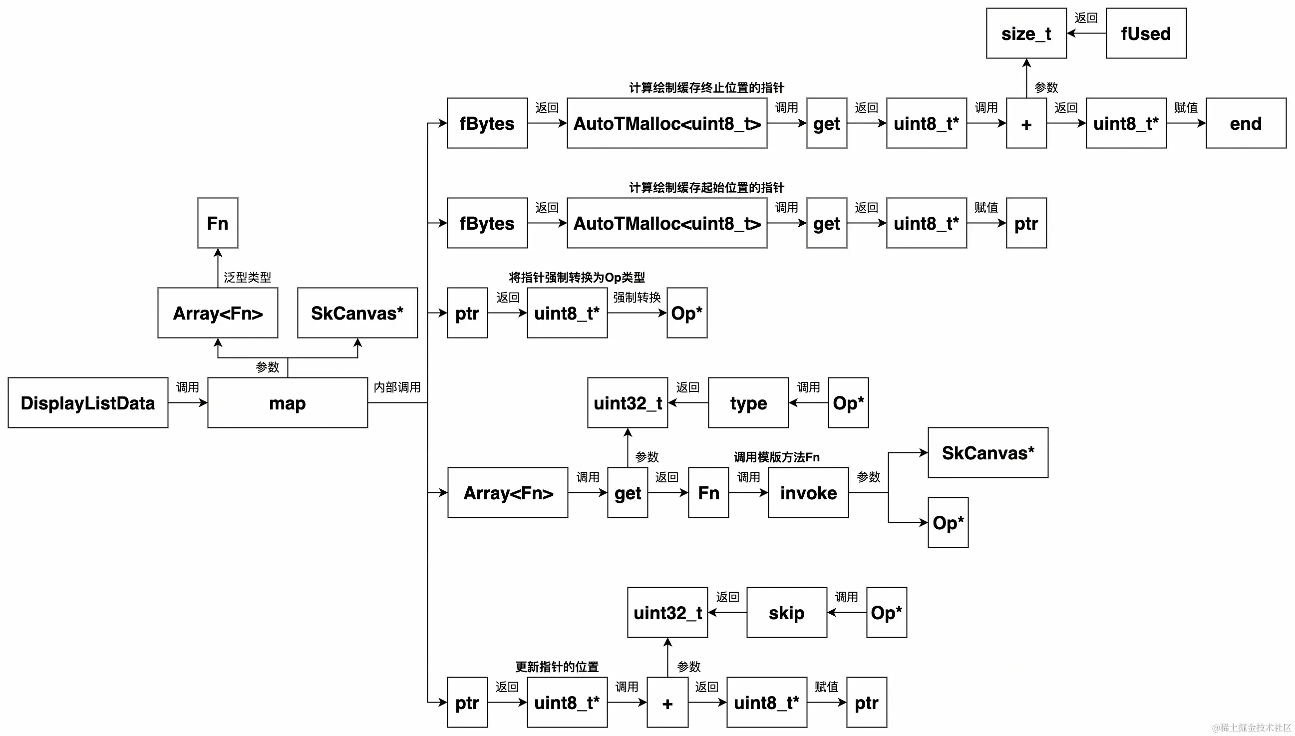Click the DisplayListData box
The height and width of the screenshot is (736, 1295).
[x=88, y=403]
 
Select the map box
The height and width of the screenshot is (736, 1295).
[x=288, y=403]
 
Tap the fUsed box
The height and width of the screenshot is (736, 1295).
[x=1146, y=33]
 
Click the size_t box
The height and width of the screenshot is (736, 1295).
[x=1026, y=33]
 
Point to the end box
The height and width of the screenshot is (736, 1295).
[x=1246, y=123]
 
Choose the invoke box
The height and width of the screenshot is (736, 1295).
[x=808, y=493]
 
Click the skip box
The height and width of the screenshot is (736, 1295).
[x=787, y=613]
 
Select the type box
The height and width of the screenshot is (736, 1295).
[x=748, y=403]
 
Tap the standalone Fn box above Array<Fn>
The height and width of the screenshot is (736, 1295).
[x=218, y=223]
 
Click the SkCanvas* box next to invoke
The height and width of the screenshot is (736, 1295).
[x=988, y=453]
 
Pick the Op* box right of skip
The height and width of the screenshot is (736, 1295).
[x=886, y=613]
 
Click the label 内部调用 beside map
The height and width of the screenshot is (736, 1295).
[x=397, y=387]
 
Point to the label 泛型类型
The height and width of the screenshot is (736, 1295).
[x=248, y=277]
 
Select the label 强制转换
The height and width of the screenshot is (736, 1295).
[x=637, y=297]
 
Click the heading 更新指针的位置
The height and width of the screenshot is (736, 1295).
[x=557, y=667]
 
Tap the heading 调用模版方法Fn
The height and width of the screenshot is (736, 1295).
[x=777, y=457]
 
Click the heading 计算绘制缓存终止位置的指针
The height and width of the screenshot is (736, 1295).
[x=706, y=87]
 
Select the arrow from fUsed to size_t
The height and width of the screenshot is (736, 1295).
[x=1086, y=33]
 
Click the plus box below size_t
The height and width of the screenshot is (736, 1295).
[x=1026, y=123]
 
